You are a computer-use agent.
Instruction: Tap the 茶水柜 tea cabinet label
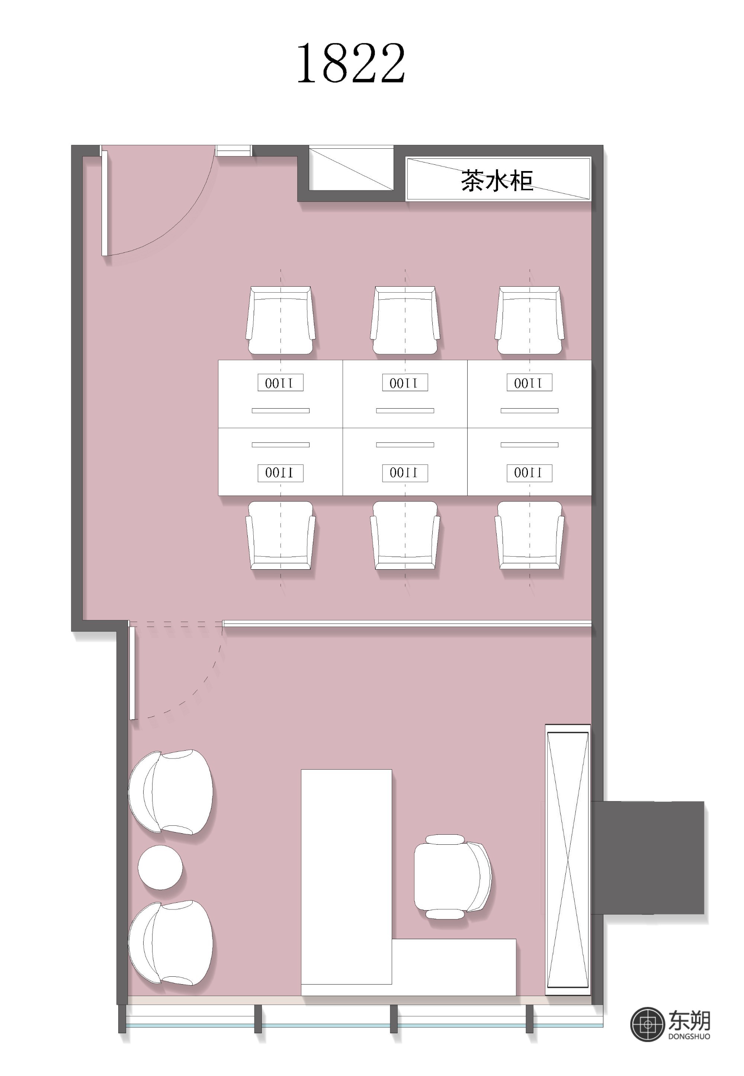pos(497,180)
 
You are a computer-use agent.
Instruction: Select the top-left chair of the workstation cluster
pos(280,320)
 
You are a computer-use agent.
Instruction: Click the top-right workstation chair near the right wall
pos(530,320)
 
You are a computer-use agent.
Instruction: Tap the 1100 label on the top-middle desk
pos(405,383)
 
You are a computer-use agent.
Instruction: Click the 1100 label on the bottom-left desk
pos(280,473)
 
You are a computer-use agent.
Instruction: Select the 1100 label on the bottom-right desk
pos(530,473)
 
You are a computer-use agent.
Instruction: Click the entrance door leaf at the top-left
pos(105,203)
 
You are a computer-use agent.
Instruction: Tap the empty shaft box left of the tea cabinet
pos(351,169)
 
